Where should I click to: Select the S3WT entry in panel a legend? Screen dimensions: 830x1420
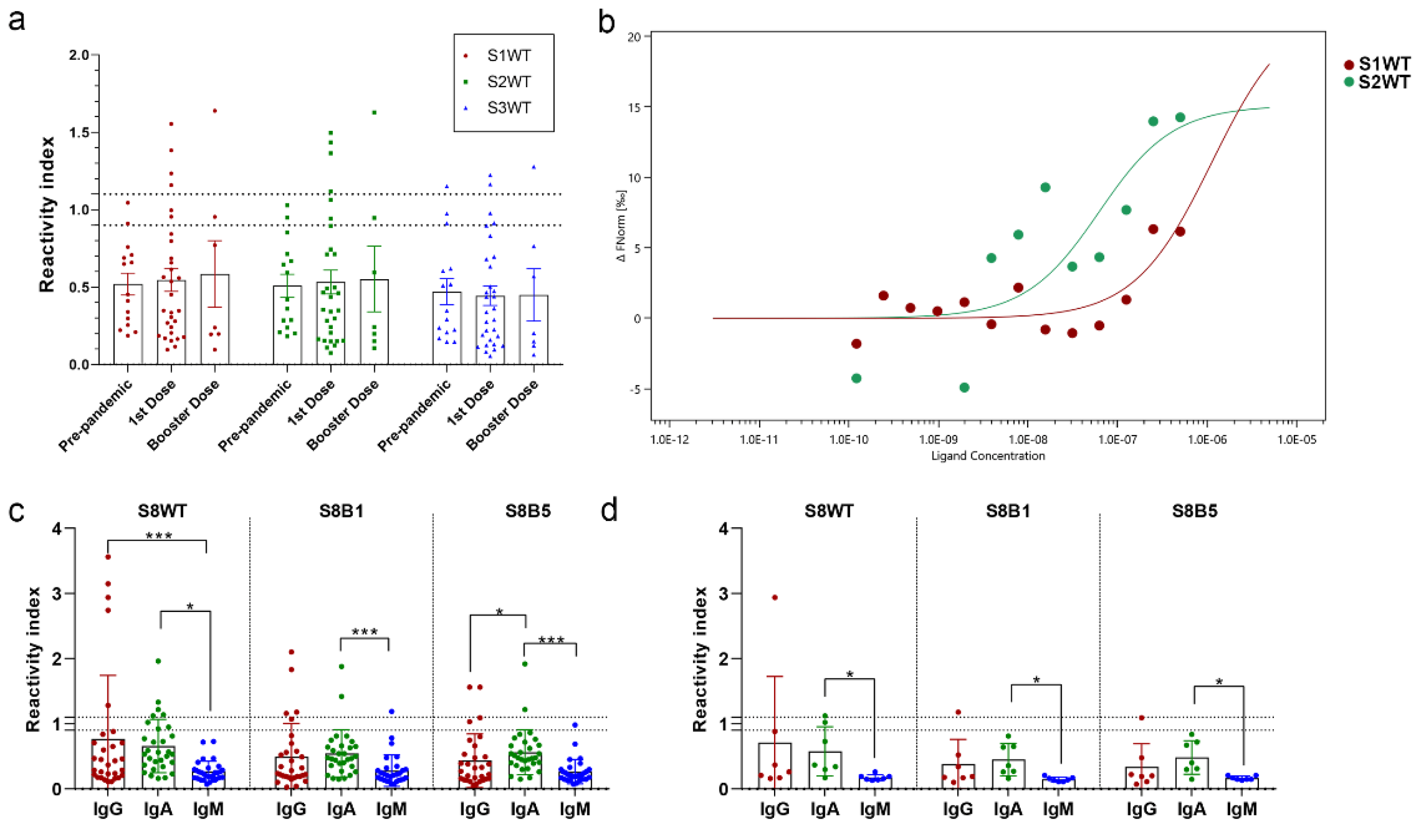point(508,108)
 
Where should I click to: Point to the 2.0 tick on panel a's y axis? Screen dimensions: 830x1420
point(78,55)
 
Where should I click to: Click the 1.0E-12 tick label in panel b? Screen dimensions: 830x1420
point(669,439)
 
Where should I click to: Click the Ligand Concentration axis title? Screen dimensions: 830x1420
point(988,456)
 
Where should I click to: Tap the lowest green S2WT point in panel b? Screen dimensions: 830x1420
point(964,387)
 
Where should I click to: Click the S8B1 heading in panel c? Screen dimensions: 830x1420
point(341,511)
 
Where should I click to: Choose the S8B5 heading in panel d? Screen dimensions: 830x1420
point(1195,511)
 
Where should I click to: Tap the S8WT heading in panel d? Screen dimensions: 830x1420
point(828,511)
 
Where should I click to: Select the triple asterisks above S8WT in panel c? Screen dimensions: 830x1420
point(159,536)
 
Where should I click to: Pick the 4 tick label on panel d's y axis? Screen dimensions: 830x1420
point(724,529)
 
